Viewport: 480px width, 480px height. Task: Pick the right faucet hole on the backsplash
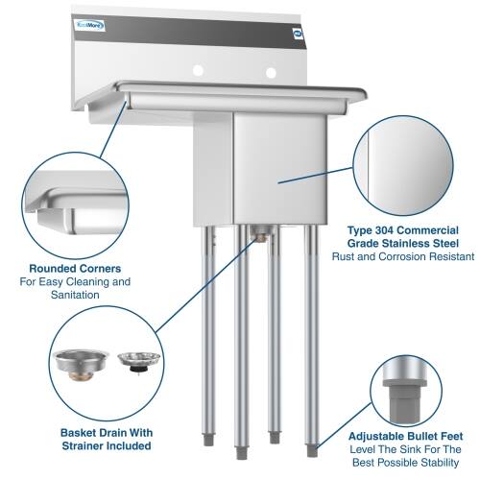(272, 72)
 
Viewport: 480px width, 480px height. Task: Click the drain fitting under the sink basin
(258, 231)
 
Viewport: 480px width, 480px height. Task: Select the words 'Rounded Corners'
(74, 268)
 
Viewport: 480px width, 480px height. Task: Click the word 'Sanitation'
(74, 296)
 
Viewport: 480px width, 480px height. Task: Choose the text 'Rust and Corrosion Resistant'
(403, 257)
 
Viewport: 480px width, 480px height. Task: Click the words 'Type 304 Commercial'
(403, 230)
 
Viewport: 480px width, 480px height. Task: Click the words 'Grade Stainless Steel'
(403, 244)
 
